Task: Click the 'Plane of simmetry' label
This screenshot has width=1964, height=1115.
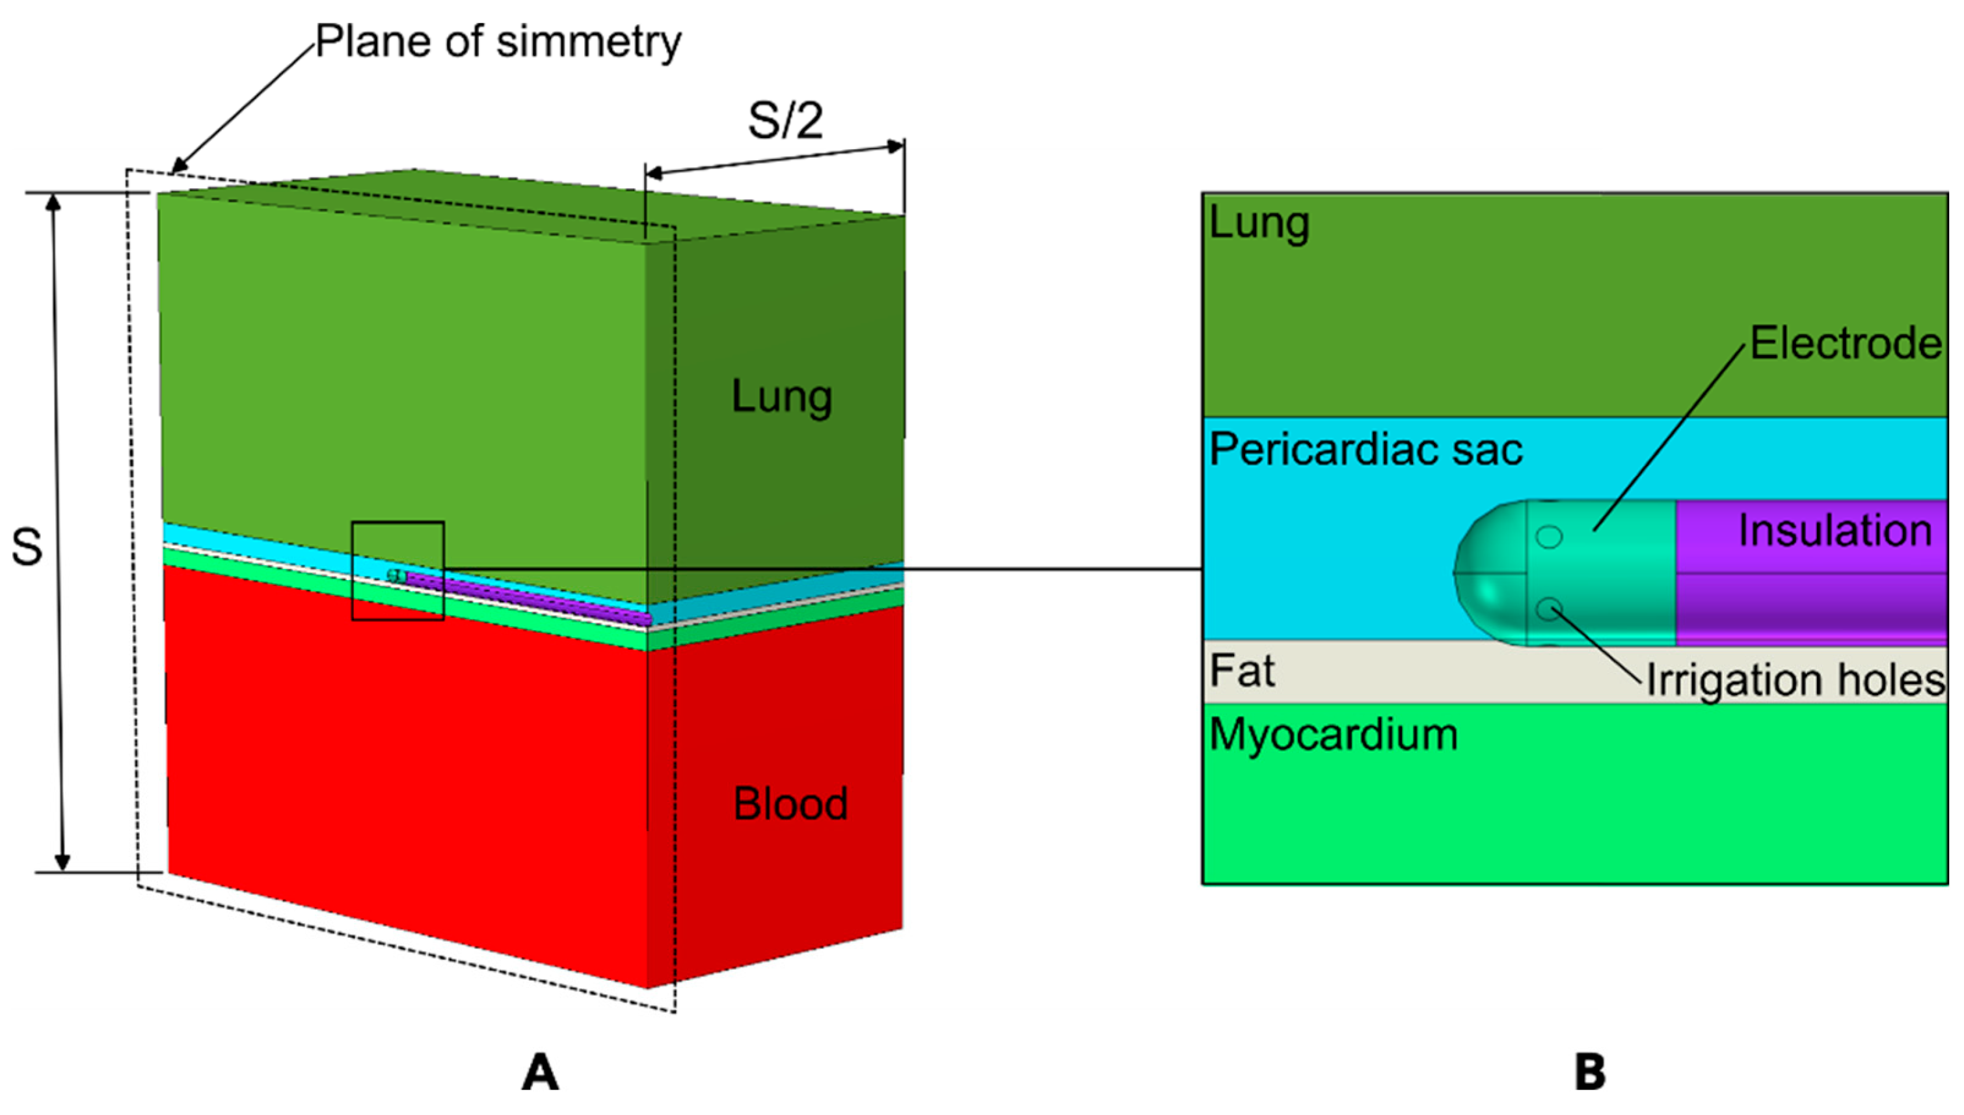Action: coord(498,42)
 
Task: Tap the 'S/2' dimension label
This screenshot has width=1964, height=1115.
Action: coord(785,120)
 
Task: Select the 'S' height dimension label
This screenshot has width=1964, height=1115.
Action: coord(27,548)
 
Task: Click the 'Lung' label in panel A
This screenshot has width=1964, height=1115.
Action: coord(781,396)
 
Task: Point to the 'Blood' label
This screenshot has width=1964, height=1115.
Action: coord(790,803)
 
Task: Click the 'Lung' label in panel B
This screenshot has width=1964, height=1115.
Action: coord(1259,224)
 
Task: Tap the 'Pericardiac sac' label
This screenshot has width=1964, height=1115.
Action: coord(1365,450)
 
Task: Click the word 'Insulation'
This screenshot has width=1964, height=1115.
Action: coord(1835,530)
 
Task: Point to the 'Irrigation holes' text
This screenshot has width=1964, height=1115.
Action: coord(1795,680)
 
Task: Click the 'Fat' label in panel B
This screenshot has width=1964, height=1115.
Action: coord(1241,672)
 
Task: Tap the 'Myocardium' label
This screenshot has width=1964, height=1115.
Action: coord(1334,735)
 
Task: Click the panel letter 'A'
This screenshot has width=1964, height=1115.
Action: coord(539,1071)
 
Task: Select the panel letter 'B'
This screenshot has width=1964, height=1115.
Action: coord(1590,1071)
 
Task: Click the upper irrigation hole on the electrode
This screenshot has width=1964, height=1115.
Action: coord(1549,537)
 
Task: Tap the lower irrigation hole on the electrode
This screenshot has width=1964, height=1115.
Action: coord(1549,610)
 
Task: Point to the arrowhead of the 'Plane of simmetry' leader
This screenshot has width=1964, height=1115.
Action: coord(176,169)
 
